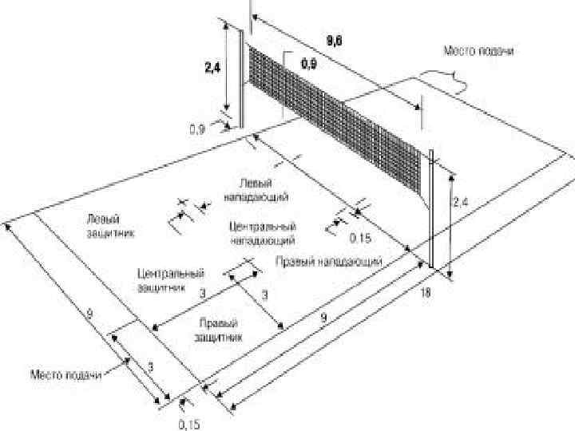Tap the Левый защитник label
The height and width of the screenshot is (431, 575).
coord(109,226)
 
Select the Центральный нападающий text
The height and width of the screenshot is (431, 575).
coord(262,232)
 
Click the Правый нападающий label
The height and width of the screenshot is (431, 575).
coord(328,261)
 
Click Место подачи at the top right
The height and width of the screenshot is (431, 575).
coord(478,51)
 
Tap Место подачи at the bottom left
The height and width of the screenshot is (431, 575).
coord(66,374)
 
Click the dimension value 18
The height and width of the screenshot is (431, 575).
coord(425,293)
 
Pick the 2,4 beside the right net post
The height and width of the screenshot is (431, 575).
coord(461,204)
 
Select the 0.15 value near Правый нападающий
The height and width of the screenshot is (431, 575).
coord(361,238)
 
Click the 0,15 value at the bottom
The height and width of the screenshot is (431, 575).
coord(189,424)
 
